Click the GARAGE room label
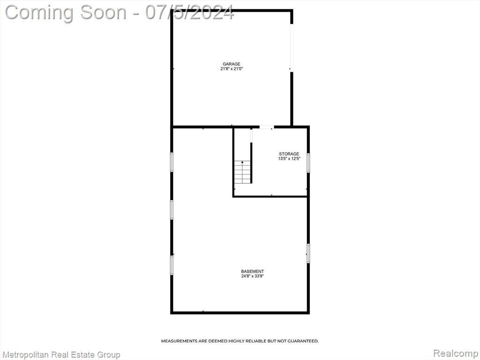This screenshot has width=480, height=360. coord(232,64)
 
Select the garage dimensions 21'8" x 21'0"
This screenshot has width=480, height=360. coord(232,69)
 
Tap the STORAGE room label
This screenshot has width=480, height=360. coord(289,154)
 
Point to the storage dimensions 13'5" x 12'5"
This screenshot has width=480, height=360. coord(289,158)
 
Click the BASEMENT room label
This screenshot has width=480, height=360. coord(253,271)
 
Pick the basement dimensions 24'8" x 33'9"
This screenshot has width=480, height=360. coord(253,276)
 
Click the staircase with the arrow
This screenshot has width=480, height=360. coord(242,172)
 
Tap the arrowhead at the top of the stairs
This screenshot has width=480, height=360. coord(242,162)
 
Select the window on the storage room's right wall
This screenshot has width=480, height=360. coord(308,163)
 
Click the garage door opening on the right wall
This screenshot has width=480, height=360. coord(292,48)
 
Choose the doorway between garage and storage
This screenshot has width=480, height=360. coord(266,127)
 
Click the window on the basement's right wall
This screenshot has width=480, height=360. coord(308,253)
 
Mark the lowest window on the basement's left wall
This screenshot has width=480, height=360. coord(172,265)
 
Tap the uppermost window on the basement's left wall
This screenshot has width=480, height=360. coord(172,162)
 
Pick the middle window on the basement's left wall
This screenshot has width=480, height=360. coord(172,210)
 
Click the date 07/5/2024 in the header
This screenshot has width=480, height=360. coord(189,13)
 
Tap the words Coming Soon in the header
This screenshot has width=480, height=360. coord(66,13)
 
